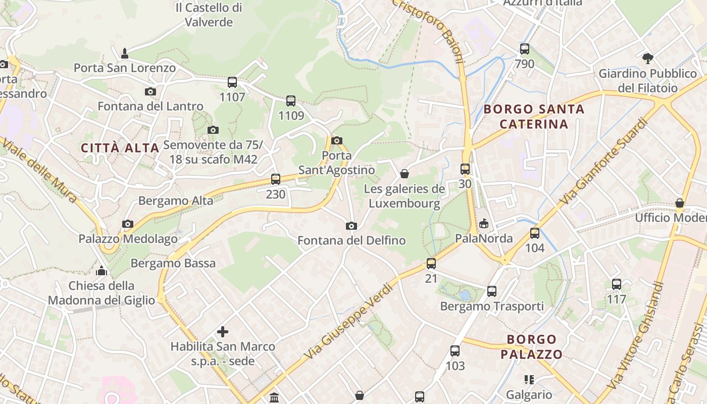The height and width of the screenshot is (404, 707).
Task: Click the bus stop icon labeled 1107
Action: click(232, 82)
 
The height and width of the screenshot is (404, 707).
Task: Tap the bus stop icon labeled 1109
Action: click(291, 100)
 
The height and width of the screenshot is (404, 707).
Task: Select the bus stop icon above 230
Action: click(276, 179)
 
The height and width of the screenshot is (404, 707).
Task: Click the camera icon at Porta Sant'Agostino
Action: click(337, 140)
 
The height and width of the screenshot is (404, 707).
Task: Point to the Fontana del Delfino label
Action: click(351, 240)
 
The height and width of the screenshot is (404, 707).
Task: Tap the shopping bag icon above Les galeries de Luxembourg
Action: click(405, 174)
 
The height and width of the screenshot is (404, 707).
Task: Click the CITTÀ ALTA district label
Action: click(120, 148)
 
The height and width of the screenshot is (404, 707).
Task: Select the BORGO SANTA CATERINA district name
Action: click(534, 116)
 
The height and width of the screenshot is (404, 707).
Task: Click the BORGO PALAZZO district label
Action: click(531, 346)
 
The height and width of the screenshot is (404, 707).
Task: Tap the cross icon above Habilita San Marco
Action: click(223, 332)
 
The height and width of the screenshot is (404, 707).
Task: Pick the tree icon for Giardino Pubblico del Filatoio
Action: click(648, 59)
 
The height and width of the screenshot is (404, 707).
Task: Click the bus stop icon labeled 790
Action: click(525, 49)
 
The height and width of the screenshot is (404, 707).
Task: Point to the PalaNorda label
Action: click(484, 238)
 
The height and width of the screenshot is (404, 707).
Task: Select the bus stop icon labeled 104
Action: click(535, 233)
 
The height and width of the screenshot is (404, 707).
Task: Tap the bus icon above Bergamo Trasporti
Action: click(492, 291)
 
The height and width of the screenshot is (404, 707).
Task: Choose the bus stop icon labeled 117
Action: click(617, 284)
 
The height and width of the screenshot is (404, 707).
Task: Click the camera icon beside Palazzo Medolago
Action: click(128, 224)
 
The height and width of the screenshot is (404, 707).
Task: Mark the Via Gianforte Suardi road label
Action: click(603, 162)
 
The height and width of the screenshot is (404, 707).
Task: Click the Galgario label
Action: click(529, 394)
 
